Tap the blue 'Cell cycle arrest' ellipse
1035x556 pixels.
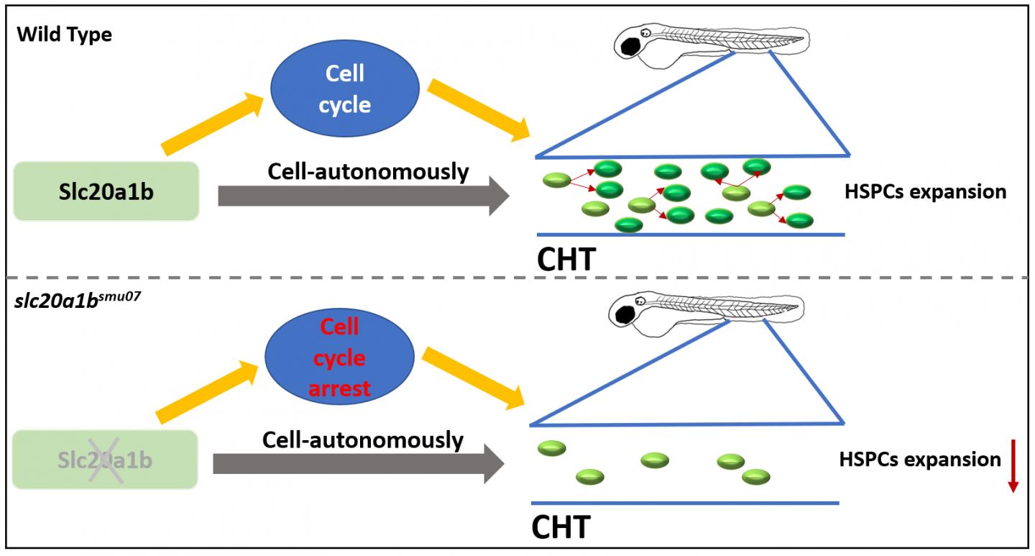339,358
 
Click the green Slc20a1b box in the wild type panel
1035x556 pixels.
106,191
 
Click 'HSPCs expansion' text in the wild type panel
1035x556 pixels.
925,192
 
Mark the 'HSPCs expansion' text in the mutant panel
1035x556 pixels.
919,459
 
